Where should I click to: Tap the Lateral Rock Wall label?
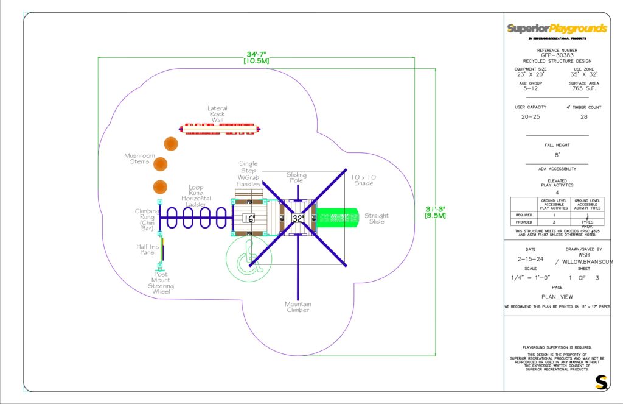(x=217, y=114)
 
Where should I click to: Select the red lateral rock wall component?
(x=220, y=129)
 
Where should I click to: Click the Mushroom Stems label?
(x=140, y=158)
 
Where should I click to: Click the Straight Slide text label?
(x=377, y=219)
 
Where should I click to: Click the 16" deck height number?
(x=248, y=218)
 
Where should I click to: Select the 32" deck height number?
(x=298, y=218)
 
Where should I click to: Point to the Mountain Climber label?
(x=298, y=307)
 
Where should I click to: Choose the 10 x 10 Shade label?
(x=364, y=180)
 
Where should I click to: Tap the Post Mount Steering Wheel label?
(x=161, y=283)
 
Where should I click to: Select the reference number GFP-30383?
(x=557, y=55)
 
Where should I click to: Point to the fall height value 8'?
(x=557, y=155)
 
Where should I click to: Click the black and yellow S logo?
(x=602, y=382)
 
